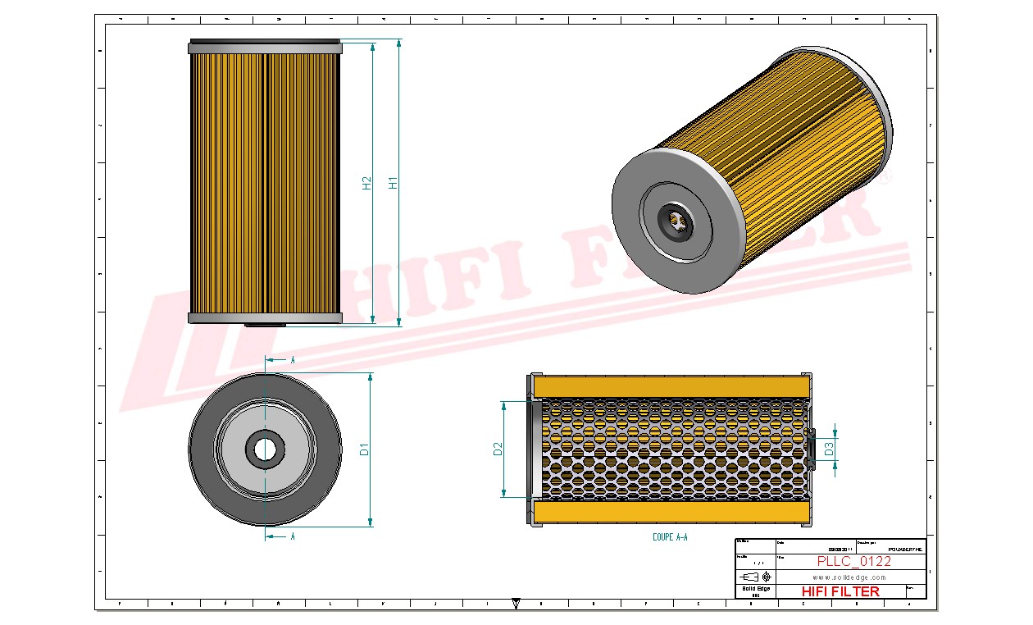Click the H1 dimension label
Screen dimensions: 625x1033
point(393,182)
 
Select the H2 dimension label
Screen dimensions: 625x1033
point(367,183)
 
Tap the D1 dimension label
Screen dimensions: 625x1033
point(365,449)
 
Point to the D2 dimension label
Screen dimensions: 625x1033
point(498,449)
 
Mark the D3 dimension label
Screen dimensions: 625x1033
point(829,449)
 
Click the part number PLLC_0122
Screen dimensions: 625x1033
point(853,561)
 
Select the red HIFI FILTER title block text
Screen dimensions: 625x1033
point(840,591)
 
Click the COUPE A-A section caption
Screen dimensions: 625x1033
point(670,538)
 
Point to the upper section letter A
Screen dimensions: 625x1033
point(293,360)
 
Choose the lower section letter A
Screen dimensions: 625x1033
point(293,536)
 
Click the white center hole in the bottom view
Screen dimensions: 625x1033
point(265,449)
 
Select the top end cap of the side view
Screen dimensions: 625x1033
point(264,48)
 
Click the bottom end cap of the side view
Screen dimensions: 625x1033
point(264,317)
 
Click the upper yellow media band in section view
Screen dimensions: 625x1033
point(671,386)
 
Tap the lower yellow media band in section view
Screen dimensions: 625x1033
point(671,513)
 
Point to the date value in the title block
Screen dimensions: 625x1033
point(840,549)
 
